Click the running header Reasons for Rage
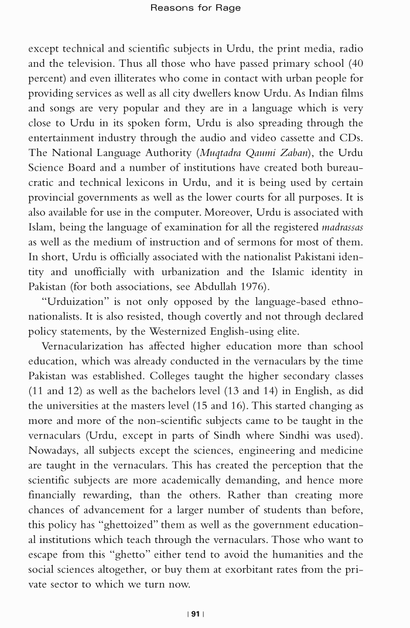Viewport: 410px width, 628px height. tap(196, 8)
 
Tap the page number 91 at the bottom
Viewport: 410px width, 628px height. tap(195, 614)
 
